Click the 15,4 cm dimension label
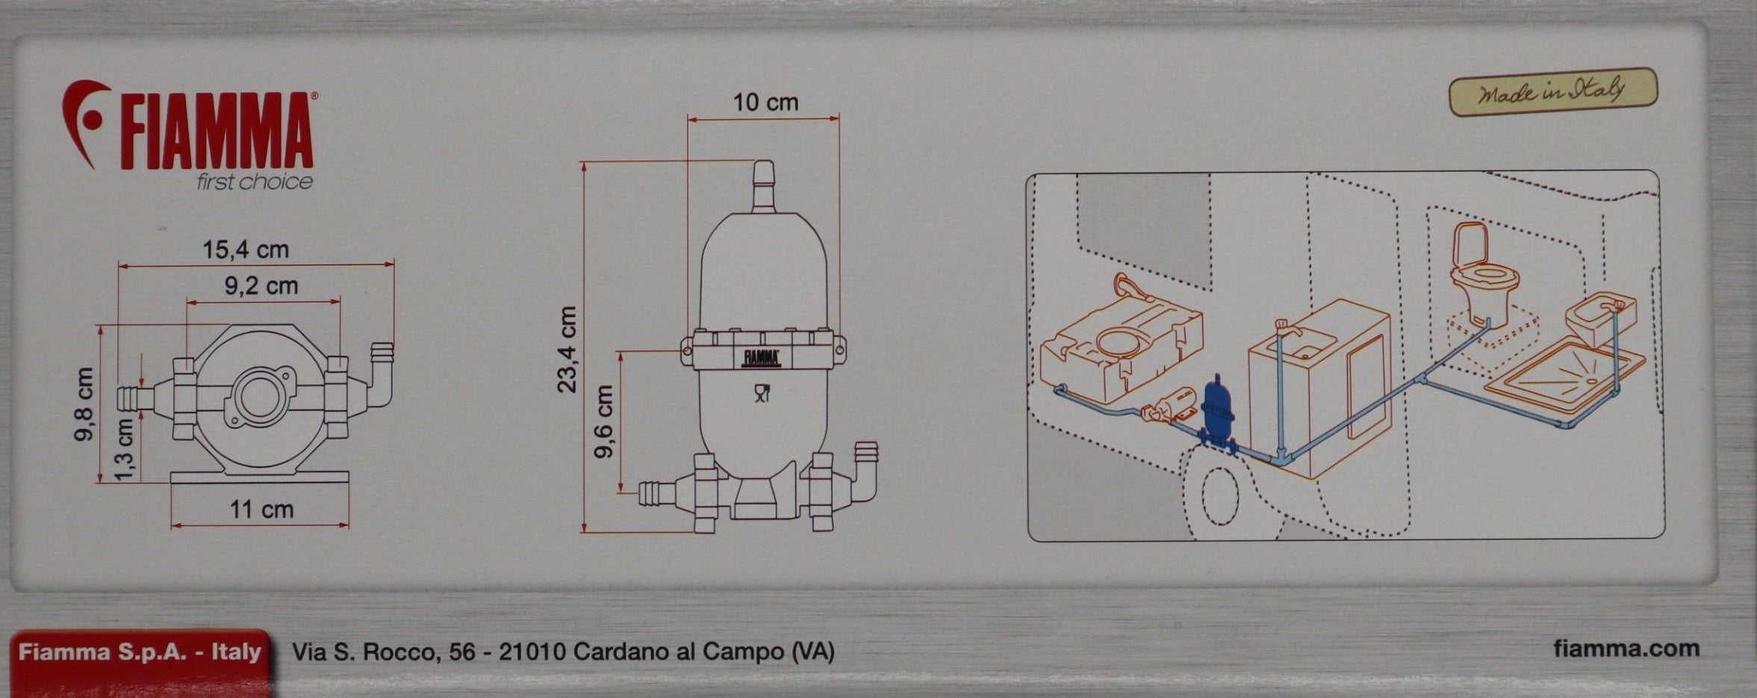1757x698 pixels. pos(246,250)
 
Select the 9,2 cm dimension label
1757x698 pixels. pos(261,285)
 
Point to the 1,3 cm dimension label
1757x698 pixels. pos(125,450)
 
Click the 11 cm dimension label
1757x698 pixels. pos(261,510)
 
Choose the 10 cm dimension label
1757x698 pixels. pos(765,102)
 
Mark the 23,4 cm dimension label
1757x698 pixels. pos(567,349)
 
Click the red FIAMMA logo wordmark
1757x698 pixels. pos(217,132)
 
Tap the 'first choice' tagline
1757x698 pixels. pos(255,182)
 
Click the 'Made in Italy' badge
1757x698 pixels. pos(1553,93)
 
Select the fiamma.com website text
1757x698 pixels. pos(1626,649)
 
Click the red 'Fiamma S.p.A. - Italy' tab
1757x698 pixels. pos(140,652)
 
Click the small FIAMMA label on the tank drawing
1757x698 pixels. pos(761,358)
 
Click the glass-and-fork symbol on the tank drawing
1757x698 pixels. pos(762,394)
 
